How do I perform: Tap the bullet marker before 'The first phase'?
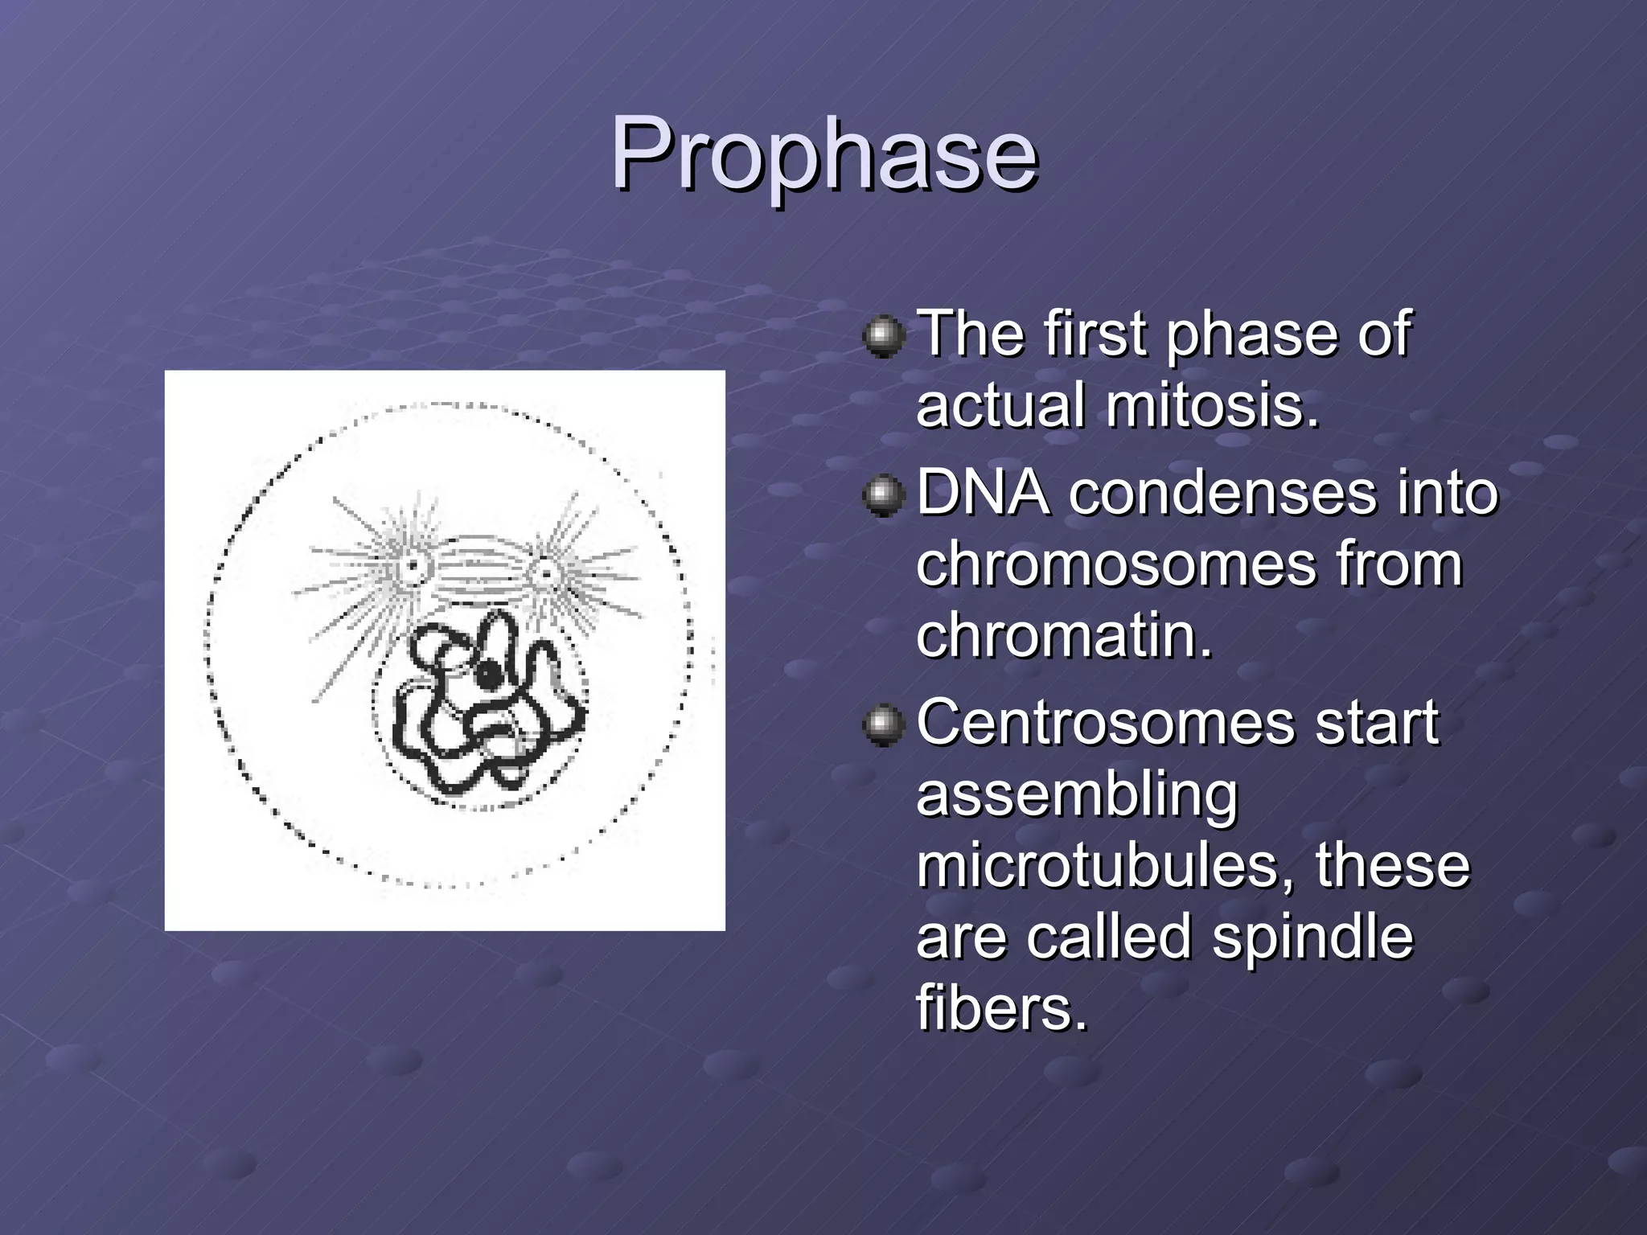[x=884, y=335]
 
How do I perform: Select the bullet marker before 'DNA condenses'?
[x=884, y=494]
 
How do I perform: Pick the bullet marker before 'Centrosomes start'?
[x=884, y=724]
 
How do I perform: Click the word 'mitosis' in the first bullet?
[x=1212, y=404]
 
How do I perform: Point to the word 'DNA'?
[x=982, y=492]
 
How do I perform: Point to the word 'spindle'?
[x=1312, y=937]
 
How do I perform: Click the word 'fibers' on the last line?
[x=1000, y=1007]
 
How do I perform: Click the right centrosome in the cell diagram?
[x=546, y=573]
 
